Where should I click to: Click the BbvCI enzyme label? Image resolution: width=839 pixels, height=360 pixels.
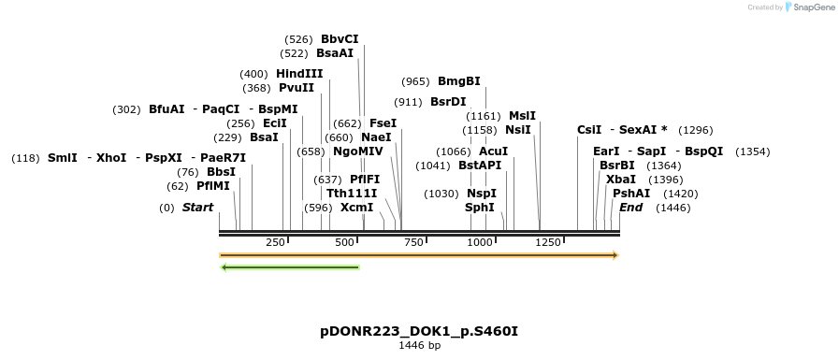tap(340, 39)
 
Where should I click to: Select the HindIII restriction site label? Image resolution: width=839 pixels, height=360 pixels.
tap(299, 74)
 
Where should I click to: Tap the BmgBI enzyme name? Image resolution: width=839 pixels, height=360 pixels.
tap(459, 81)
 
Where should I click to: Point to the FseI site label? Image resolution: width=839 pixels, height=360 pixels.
tap(383, 122)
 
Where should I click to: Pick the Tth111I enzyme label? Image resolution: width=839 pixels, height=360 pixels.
tap(352, 193)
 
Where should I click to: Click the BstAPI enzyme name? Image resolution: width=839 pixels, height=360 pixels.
tap(480, 165)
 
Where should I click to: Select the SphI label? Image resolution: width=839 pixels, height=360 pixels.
tap(480, 207)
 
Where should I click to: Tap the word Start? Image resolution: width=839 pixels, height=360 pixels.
tap(197, 207)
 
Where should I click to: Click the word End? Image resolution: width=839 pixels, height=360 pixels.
tap(631, 207)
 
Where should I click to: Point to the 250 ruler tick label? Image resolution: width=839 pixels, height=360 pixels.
tap(275, 243)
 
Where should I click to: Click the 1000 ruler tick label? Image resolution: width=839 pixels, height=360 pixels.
tap(480, 243)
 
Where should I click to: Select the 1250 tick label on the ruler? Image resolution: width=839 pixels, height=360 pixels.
tap(548, 243)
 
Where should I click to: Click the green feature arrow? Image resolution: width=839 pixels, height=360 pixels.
tap(290, 267)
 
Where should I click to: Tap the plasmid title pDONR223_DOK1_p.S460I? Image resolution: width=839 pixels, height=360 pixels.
tap(419, 331)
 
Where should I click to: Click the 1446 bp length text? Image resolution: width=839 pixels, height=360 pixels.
tap(419, 346)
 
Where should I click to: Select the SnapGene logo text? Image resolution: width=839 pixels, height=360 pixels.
tap(810, 7)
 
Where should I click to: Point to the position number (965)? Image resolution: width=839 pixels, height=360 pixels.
tap(414, 81)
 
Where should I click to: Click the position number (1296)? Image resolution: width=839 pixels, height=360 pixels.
tap(696, 130)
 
